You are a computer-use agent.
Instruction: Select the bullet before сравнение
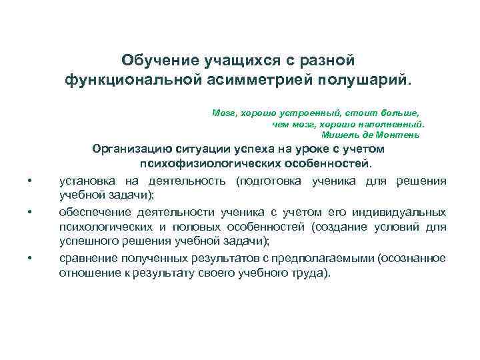tap(30, 259)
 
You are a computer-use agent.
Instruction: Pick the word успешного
tap(88, 241)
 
